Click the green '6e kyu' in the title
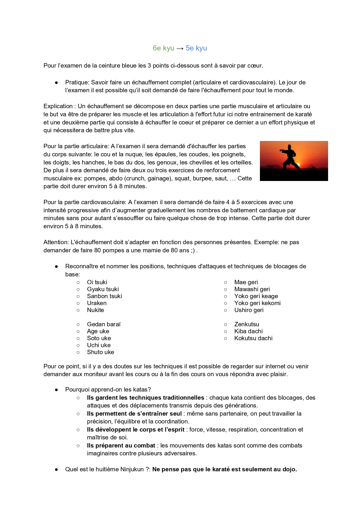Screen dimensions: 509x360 click(x=163, y=48)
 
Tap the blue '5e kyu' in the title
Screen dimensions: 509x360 click(x=196, y=48)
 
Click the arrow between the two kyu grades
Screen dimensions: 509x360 click(x=180, y=48)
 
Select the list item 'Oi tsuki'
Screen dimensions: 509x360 click(x=97, y=282)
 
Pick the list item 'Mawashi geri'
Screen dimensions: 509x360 click(x=252, y=289)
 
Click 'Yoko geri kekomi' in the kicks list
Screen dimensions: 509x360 click(x=257, y=303)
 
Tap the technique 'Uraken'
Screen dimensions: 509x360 click(x=97, y=303)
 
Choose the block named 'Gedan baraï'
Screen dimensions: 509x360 click(x=104, y=324)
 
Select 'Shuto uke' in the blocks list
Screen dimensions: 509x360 click(x=100, y=352)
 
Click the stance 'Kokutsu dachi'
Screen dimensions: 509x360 click(x=253, y=338)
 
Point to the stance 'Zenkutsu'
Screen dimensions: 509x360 click(x=247, y=324)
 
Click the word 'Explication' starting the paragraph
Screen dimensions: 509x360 click(x=58, y=106)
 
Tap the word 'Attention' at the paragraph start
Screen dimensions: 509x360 click(x=56, y=242)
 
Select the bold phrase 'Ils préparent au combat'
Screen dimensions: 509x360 click(x=121, y=445)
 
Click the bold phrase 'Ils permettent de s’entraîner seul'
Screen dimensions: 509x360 click(x=134, y=414)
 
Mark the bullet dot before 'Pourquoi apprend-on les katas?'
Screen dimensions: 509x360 click(x=57, y=390)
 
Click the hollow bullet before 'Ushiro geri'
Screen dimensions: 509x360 click(x=225, y=310)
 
